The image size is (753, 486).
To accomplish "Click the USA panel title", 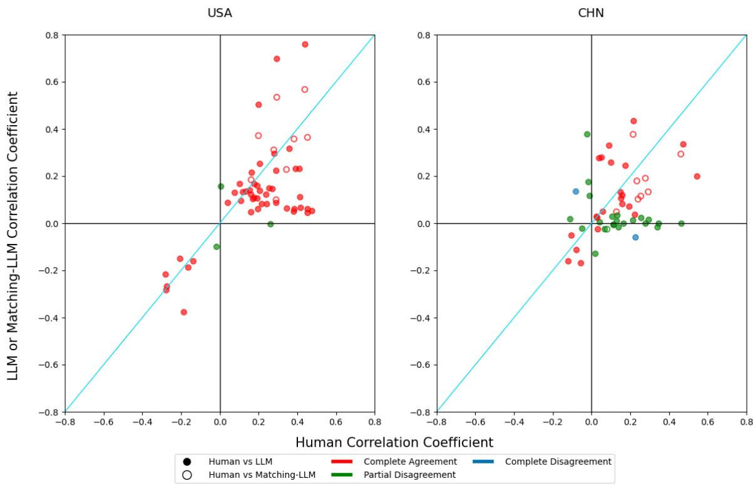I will pos(220,13).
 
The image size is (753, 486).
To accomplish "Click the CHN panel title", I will pos(591,13).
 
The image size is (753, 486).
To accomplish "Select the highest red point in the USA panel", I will pos(305,44).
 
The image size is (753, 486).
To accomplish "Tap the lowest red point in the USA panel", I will pos(183,312).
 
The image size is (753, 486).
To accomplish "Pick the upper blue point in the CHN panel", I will pos(576,191).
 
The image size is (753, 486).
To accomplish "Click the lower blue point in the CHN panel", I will pos(635,237).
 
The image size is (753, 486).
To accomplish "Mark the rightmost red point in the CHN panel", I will pos(697,176).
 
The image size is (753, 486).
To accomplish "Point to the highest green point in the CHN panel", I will pos(587,134).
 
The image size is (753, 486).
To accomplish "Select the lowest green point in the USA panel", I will pos(217,246).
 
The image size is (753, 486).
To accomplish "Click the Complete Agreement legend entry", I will pos(410,462).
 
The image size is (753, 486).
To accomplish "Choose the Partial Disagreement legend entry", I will pos(410,475).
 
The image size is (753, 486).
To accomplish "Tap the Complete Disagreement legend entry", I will pos(558,462).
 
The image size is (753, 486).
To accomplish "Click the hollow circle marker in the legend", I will pos(187,475).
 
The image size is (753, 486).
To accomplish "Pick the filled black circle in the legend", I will pos(187,462).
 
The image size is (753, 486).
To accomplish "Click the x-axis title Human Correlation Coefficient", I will pos(394,442).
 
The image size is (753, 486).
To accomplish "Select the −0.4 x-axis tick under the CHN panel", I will pos(514,422).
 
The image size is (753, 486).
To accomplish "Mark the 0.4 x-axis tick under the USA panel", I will pos(297,422).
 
